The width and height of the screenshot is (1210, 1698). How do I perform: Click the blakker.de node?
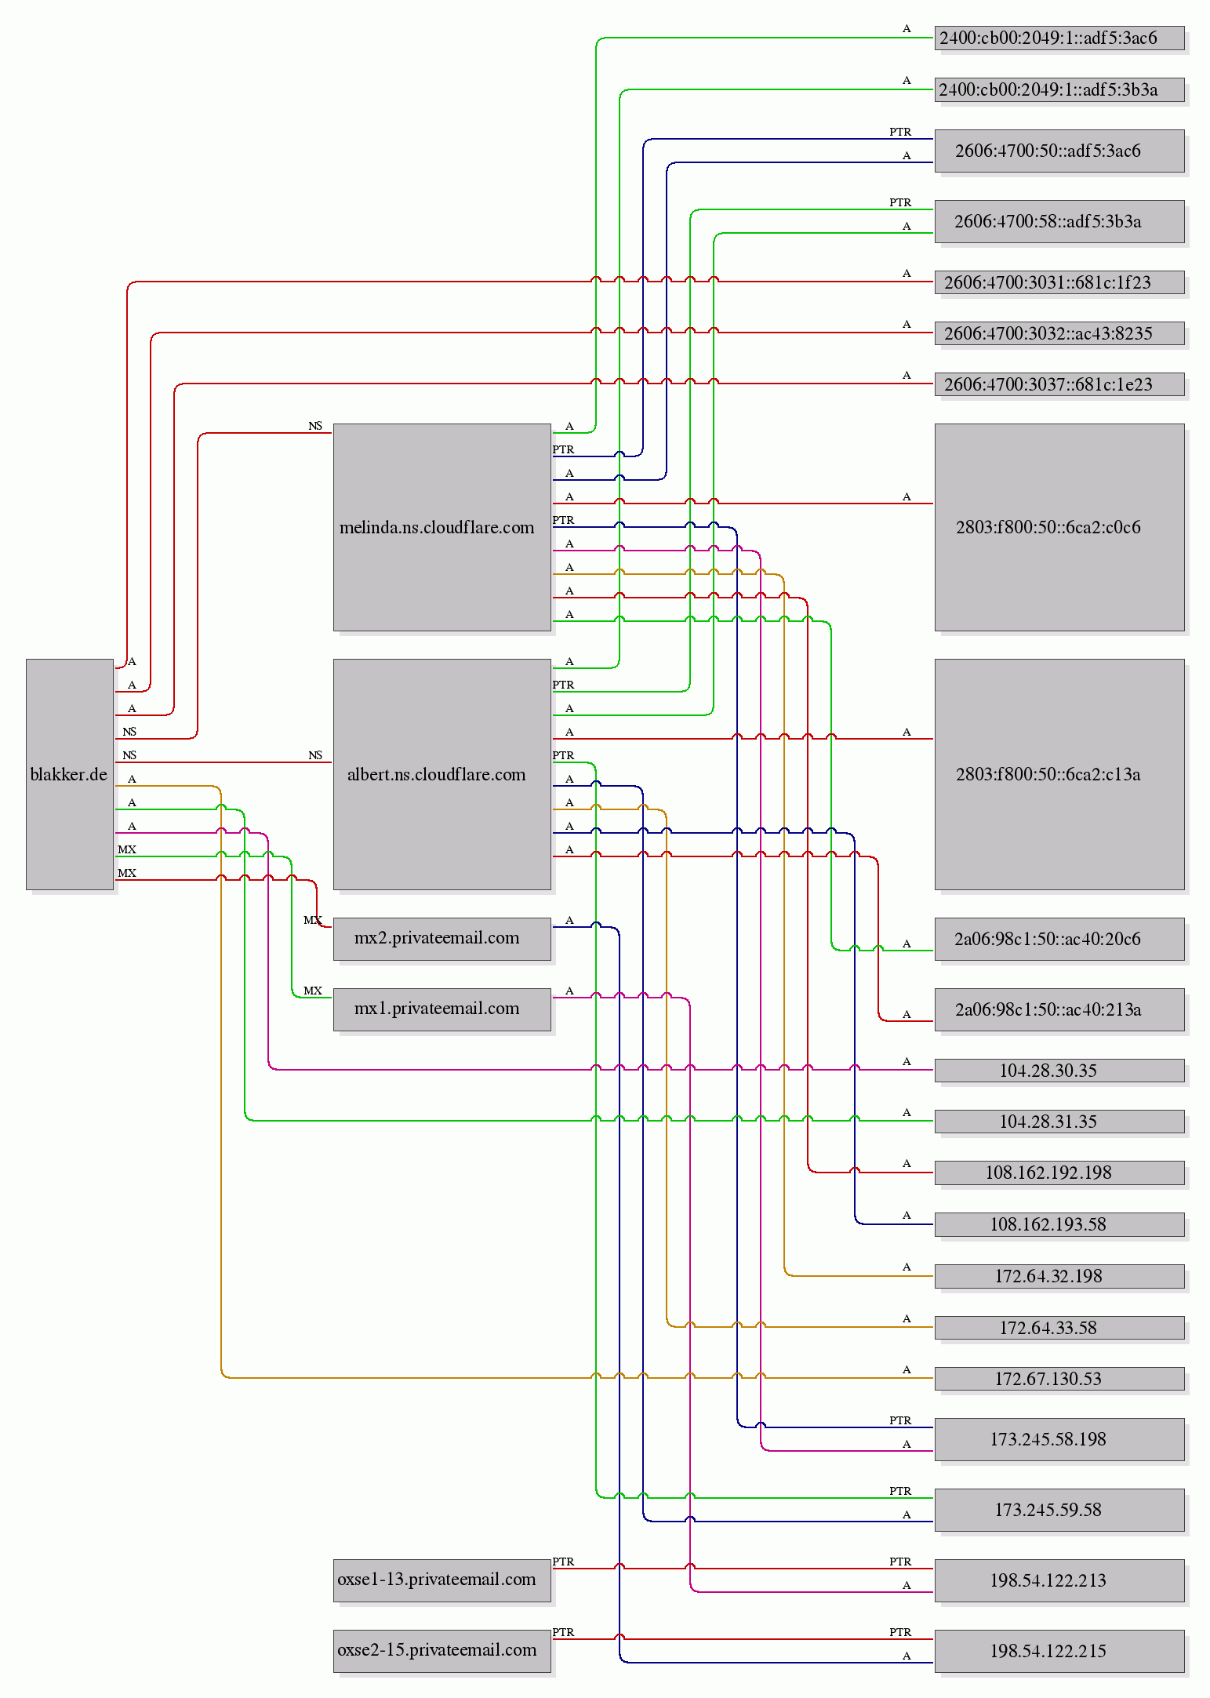(x=70, y=774)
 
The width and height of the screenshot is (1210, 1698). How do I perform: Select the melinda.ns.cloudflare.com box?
(x=442, y=527)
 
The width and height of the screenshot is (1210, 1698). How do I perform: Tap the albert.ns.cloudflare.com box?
(x=442, y=774)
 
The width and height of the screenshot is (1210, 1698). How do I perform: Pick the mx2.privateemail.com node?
(x=442, y=939)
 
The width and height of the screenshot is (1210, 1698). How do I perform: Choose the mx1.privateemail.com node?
(x=442, y=1009)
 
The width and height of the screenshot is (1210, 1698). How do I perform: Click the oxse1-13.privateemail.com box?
(x=442, y=1580)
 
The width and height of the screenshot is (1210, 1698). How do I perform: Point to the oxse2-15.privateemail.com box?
(x=442, y=1651)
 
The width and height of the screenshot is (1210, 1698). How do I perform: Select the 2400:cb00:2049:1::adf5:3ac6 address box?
(x=1059, y=38)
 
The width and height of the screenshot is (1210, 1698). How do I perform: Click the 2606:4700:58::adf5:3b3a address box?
(x=1059, y=221)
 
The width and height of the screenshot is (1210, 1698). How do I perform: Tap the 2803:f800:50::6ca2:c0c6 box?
(x=1059, y=527)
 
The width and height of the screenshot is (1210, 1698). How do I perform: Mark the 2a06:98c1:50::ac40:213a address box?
(x=1059, y=1009)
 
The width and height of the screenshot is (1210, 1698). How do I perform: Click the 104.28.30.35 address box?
(x=1059, y=1071)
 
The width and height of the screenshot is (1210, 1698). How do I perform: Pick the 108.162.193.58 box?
(x=1059, y=1224)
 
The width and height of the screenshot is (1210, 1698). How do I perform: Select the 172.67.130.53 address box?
(x=1059, y=1379)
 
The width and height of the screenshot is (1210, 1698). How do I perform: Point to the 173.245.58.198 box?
(x=1059, y=1439)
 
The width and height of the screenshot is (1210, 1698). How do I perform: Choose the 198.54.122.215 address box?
(x=1059, y=1651)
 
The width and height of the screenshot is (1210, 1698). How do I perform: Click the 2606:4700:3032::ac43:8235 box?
(x=1059, y=333)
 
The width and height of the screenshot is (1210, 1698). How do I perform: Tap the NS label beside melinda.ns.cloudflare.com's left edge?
(x=315, y=426)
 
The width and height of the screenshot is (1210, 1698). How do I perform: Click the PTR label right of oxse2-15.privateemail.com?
(x=563, y=1632)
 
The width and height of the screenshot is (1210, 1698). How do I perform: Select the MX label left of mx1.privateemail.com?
(x=313, y=991)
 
